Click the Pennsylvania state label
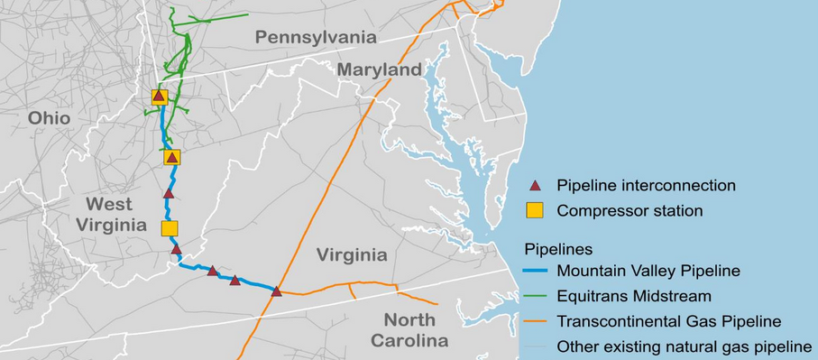point(315,37)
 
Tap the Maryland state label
point(379,69)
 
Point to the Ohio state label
point(49,117)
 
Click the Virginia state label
point(352,254)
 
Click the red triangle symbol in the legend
point(535,186)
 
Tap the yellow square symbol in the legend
point(535,211)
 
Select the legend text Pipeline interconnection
point(646,186)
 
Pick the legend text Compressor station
point(630,211)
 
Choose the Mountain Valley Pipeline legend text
point(648,270)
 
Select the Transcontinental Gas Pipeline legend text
point(668,320)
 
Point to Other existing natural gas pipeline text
point(685,346)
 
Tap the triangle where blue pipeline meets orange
point(277,291)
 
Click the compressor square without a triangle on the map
point(170,228)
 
